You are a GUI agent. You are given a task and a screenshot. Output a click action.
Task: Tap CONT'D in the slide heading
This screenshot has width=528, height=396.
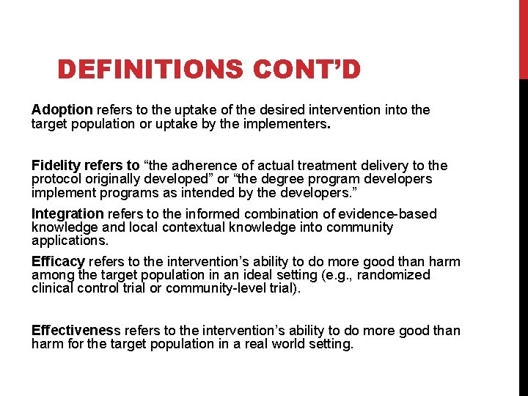coord(309,70)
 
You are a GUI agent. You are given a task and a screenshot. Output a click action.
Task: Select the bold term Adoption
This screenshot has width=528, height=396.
coord(62,109)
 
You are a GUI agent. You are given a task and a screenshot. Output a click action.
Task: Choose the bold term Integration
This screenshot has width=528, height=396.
coord(67,214)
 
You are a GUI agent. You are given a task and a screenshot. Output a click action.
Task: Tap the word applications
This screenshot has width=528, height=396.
coord(70,241)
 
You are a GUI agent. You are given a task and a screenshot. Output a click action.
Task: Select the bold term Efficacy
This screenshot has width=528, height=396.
coord(59,262)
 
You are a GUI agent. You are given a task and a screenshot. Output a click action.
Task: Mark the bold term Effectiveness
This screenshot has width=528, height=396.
coord(72,330)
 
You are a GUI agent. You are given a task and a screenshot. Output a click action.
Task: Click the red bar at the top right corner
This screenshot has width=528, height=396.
coord(523,40)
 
